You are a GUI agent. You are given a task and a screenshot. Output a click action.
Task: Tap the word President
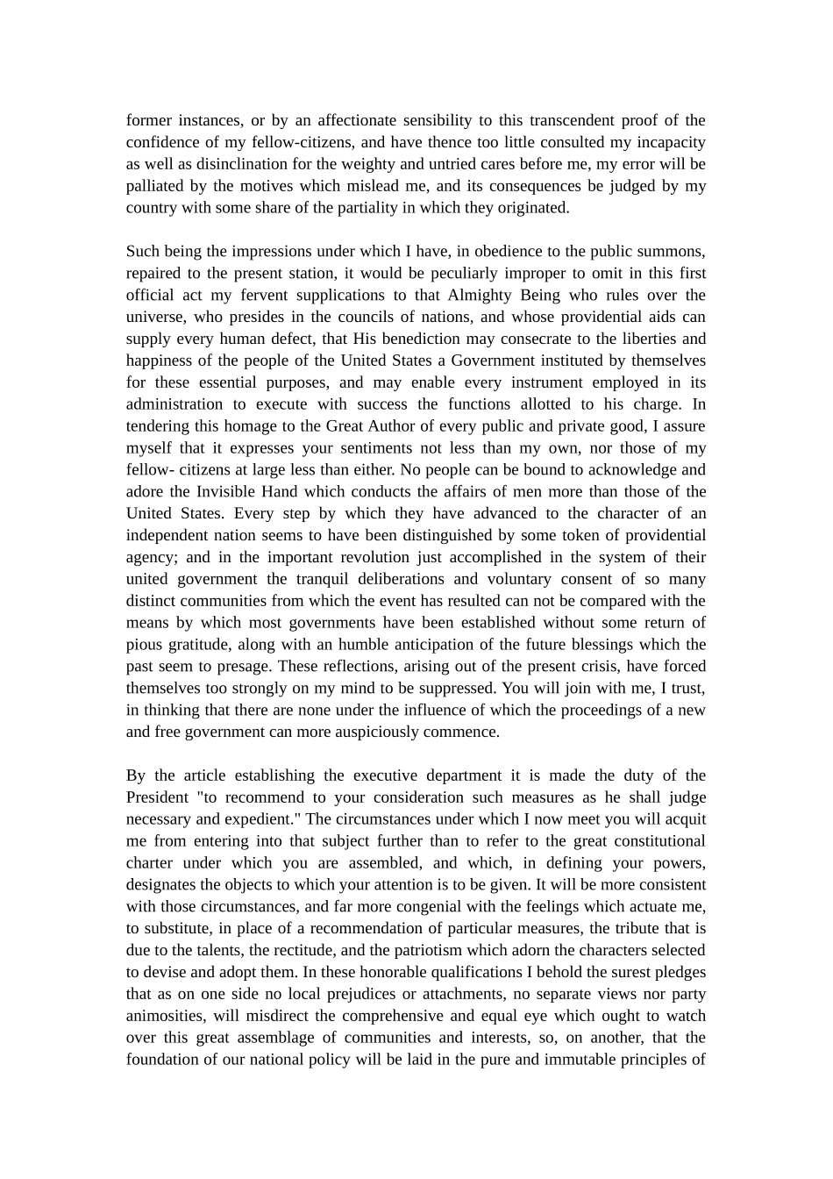157,797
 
